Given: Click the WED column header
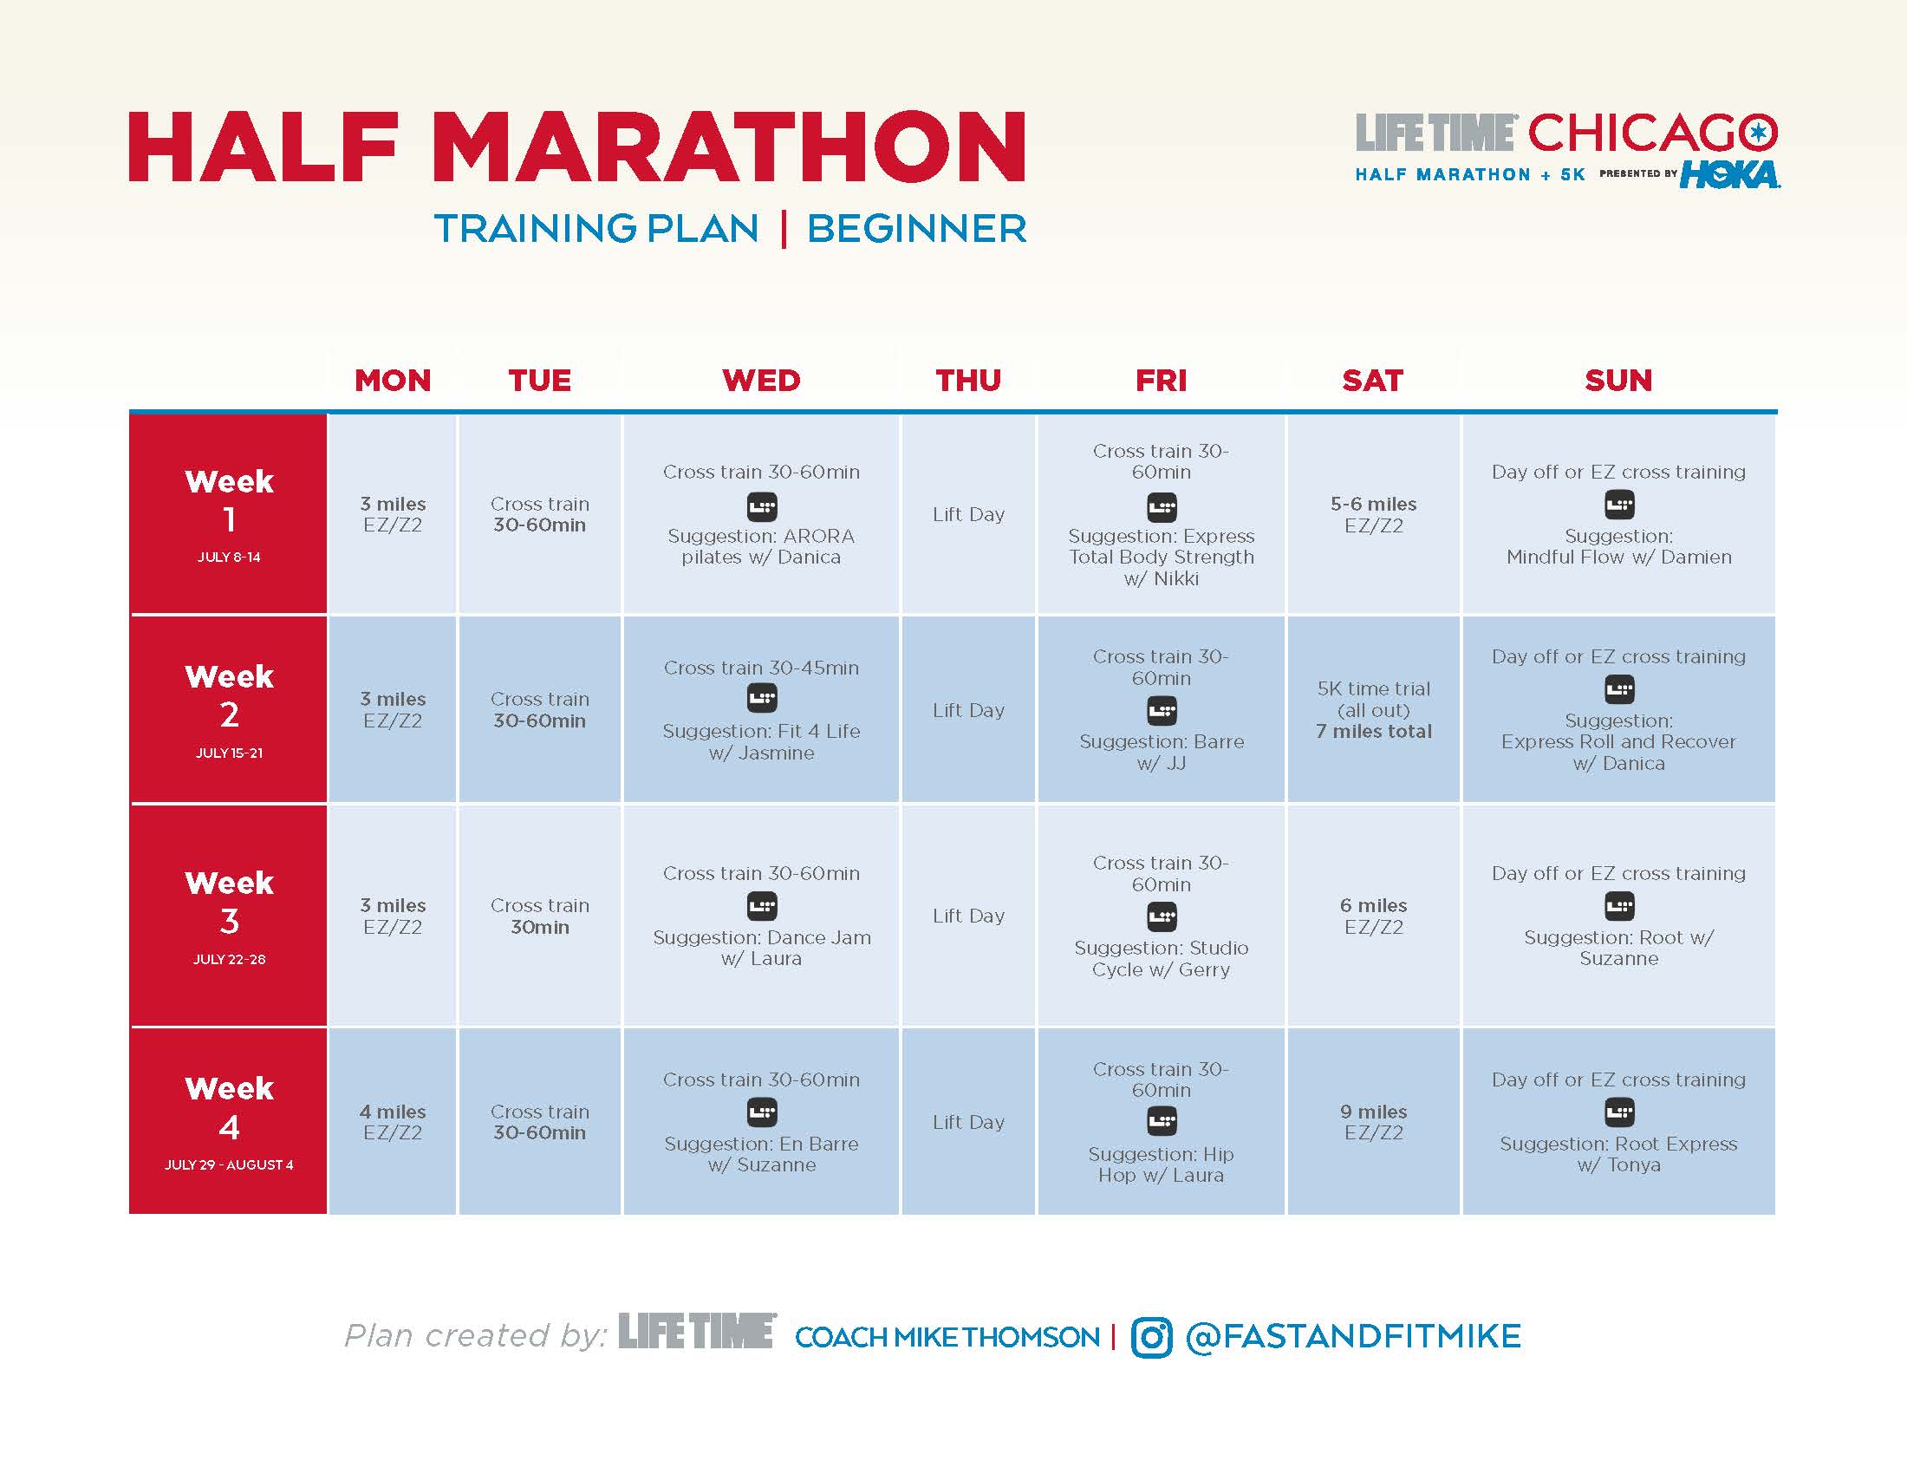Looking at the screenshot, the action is pyautogui.click(x=760, y=380).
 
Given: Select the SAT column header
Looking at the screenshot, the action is pyautogui.click(x=1373, y=380).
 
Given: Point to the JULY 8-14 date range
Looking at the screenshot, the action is pyautogui.click(x=229, y=558).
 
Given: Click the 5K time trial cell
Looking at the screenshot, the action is pyautogui.click(x=1374, y=710).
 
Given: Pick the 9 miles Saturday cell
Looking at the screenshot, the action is pyautogui.click(x=1374, y=1122).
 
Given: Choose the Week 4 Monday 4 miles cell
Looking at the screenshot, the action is pyautogui.click(x=392, y=1122).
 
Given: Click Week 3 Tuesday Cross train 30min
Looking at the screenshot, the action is pyautogui.click(x=540, y=916).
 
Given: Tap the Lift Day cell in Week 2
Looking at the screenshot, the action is pyautogui.click(x=968, y=710).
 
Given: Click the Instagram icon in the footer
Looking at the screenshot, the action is pyautogui.click(x=1152, y=1337).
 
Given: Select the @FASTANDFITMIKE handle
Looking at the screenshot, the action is pyautogui.click(x=1352, y=1337).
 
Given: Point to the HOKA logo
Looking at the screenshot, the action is pyautogui.click(x=1730, y=173).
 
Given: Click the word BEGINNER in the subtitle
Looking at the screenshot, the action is pyautogui.click(x=916, y=229).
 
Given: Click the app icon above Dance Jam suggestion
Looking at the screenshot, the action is pyautogui.click(x=761, y=906).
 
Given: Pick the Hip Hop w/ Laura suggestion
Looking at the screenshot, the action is pyautogui.click(x=1161, y=1164).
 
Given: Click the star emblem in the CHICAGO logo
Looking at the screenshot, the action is pyautogui.click(x=1758, y=133).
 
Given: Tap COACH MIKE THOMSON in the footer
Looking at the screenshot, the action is pyautogui.click(x=947, y=1337).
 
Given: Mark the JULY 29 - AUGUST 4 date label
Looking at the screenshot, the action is pyautogui.click(x=229, y=1164).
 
